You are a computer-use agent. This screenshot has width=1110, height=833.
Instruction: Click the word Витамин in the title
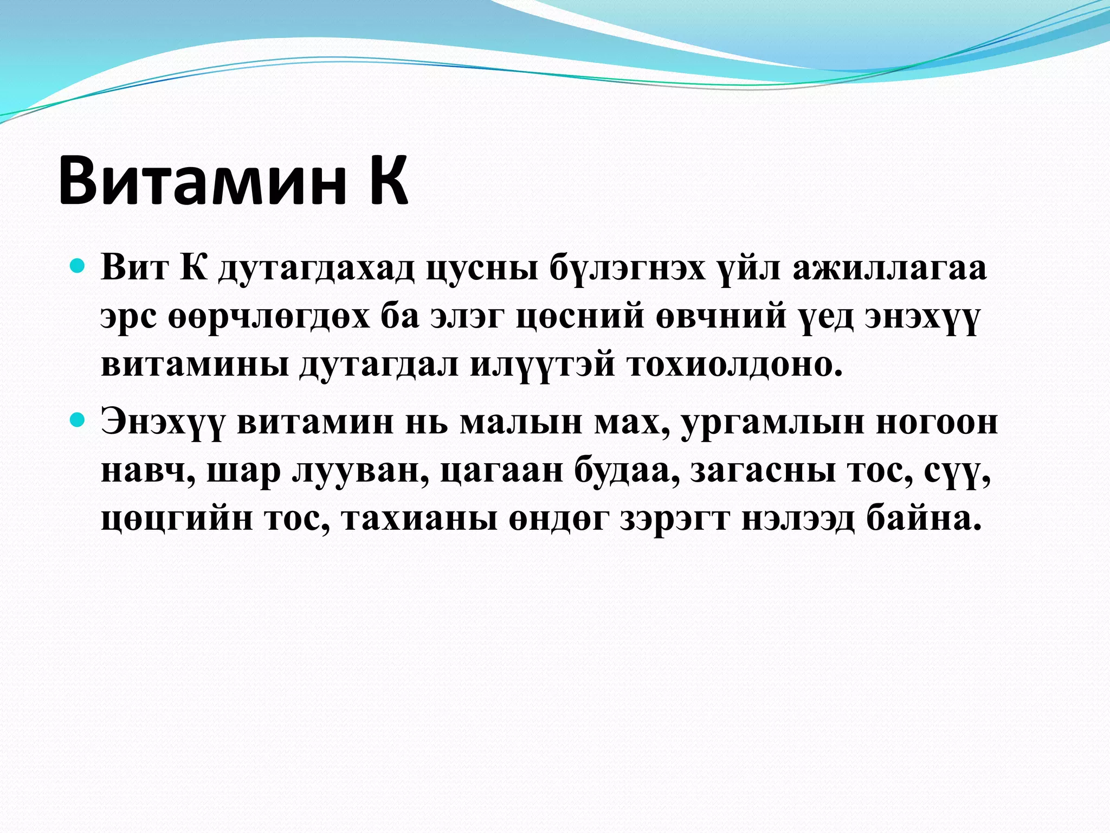point(202,180)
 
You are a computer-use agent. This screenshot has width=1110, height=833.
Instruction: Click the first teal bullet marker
point(78,267)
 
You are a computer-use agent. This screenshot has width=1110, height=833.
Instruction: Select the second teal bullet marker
point(78,420)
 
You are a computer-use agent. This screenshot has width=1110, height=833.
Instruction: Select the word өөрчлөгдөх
point(269,317)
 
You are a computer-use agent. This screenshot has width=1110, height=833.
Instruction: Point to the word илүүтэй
point(542,366)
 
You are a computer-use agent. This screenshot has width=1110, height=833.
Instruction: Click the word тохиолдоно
point(735,364)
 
